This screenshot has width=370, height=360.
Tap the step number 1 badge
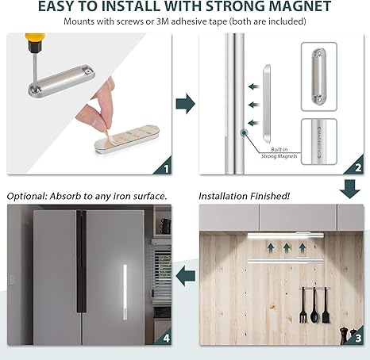pyautogui.click(x=166, y=169)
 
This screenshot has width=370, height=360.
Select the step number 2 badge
pyautogui.click(x=358, y=168)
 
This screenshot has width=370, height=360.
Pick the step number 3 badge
pyautogui.click(x=358, y=338)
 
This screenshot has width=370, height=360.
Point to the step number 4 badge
pyautogui.click(x=166, y=339)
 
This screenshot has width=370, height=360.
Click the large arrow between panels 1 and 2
pyautogui.click(x=186, y=104)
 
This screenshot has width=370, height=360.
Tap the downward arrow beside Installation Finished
pyautogui.click(x=350, y=189)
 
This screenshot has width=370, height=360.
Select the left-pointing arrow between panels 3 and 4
pyautogui.click(x=186, y=276)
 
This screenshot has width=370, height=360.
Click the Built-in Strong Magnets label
pyautogui.click(x=279, y=153)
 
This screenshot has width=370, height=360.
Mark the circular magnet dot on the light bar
pyautogui.click(x=244, y=132)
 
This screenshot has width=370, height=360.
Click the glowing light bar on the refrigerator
pyautogui.click(x=125, y=292)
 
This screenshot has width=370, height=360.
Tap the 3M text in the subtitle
pyautogui.click(x=163, y=21)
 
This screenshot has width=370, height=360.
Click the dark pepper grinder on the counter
pyautogui.click(x=343, y=335)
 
